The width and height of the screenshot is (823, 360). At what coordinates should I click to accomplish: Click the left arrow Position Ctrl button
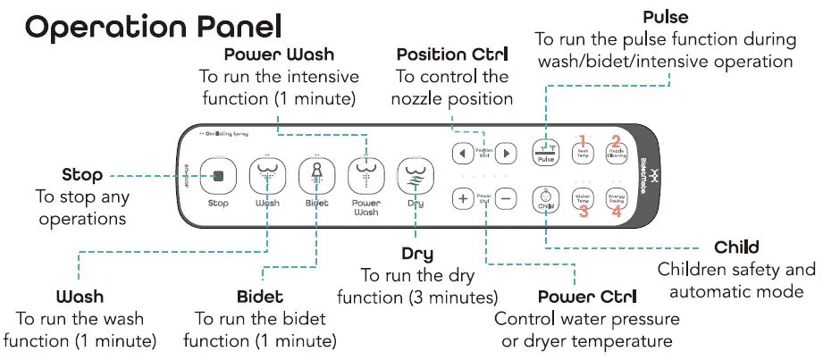(462, 153)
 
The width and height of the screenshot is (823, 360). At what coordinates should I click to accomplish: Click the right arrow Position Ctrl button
(506, 153)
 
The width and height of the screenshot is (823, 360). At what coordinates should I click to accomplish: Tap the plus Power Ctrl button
(463, 198)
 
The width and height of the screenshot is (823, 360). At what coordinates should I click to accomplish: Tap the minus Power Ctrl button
(507, 198)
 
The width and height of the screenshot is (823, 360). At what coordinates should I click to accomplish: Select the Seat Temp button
(582, 153)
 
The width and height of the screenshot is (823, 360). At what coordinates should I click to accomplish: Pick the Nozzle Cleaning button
(617, 153)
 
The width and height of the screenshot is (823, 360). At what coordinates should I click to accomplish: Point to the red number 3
(583, 213)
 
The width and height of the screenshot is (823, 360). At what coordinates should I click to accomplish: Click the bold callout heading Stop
(81, 174)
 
